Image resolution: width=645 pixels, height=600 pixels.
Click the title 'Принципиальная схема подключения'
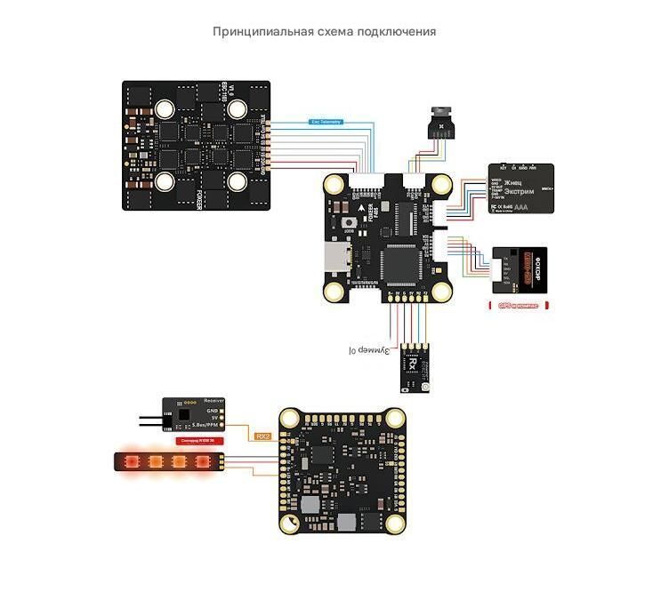coord(324,32)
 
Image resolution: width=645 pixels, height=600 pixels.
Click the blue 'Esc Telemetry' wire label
coord(323,122)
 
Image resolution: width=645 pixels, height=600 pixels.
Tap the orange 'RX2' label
coord(262,436)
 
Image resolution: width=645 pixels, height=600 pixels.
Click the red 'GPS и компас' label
coord(518,305)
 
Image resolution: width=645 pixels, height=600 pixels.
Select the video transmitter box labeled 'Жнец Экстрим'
coord(521,188)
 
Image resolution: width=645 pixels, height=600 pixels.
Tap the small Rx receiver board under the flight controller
coord(414,364)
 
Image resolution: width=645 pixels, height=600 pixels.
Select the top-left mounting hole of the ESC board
coord(165,109)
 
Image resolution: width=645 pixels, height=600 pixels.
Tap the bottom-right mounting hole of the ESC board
coord(237,181)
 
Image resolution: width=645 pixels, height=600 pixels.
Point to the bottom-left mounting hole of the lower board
coord(291,524)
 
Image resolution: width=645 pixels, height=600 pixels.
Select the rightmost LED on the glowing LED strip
coord(201,462)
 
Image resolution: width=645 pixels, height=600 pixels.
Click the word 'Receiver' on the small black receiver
coord(214,402)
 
